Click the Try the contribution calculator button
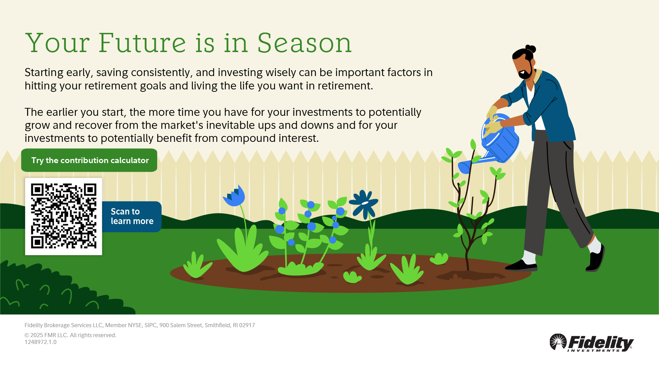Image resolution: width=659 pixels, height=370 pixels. (x=89, y=160)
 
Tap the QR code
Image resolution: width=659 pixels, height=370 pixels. (x=63, y=216)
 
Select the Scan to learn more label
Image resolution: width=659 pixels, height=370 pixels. (x=132, y=216)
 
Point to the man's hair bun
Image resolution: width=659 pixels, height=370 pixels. (x=531, y=49)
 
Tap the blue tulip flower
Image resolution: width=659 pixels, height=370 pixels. (x=235, y=196)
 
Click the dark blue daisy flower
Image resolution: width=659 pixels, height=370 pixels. (x=364, y=204)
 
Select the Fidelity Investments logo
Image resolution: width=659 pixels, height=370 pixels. (x=592, y=343)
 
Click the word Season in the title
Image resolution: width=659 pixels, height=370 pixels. (x=304, y=43)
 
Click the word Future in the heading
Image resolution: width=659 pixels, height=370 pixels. (x=142, y=43)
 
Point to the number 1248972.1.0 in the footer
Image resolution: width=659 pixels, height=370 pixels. (x=41, y=342)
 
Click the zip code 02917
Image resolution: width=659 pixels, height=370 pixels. (x=247, y=325)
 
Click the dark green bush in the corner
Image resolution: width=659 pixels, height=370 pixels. (x=65, y=288)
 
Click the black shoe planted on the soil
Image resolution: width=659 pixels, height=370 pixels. (x=521, y=266)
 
